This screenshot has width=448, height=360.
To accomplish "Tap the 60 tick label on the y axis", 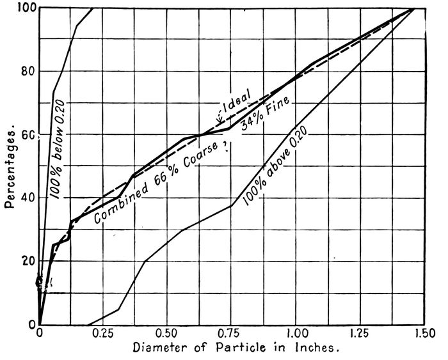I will pyautogui.click(x=27, y=135).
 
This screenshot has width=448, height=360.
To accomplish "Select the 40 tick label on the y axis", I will pyautogui.click(x=27, y=198).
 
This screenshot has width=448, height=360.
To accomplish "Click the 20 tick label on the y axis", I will pyautogui.click(x=27, y=261).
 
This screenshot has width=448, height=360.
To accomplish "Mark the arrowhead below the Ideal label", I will pyautogui.click(x=220, y=120).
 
